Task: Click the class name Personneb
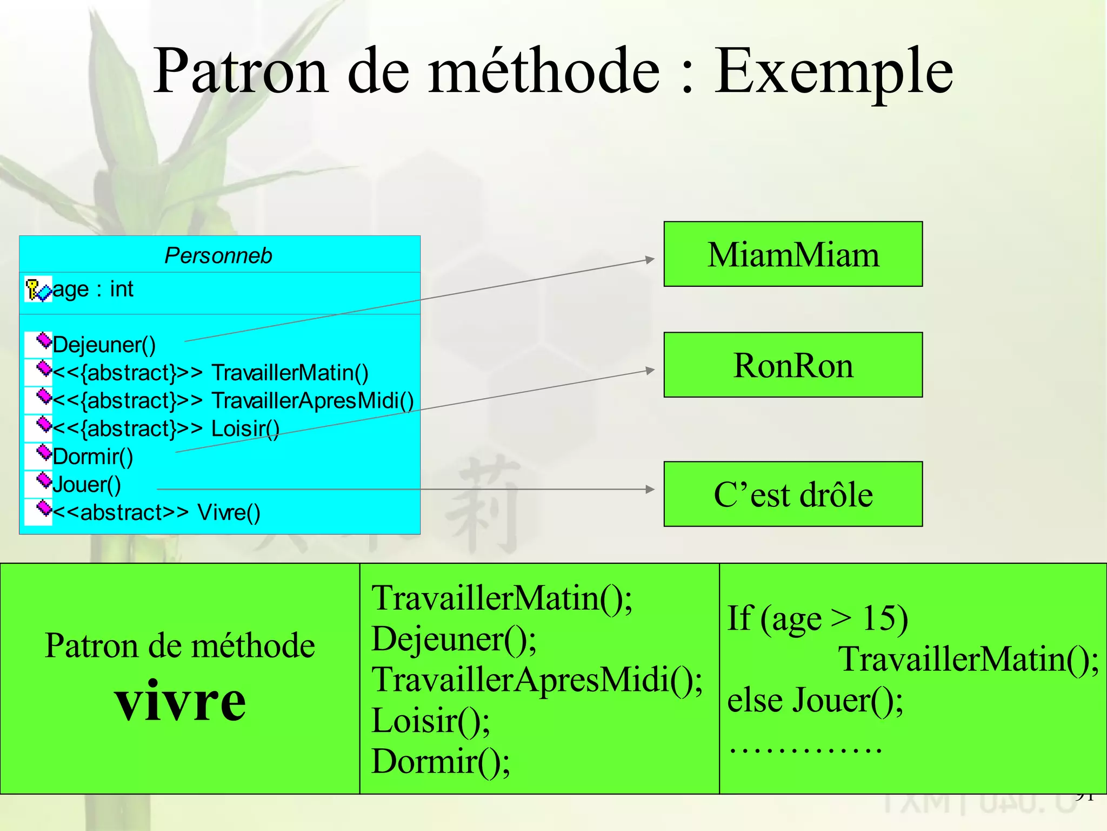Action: click(218, 255)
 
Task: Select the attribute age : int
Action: click(93, 289)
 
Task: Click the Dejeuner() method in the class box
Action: click(104, 345)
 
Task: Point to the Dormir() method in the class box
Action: click(93, 457)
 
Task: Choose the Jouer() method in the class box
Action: click(87, 485)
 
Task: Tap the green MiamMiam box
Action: click(793, 254)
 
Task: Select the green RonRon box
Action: click(793, 365)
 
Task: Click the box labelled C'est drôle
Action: click(793, 494)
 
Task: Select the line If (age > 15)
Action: click(817, 618)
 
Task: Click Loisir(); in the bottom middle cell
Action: click(431, 721)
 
